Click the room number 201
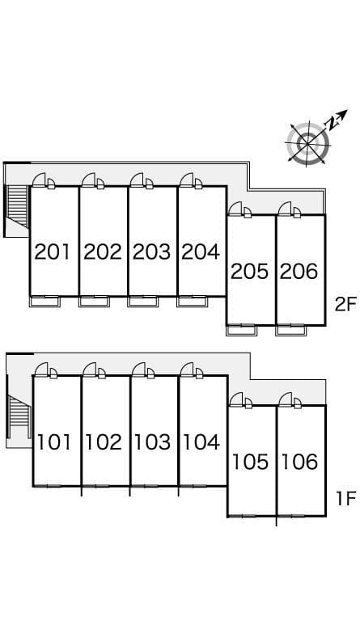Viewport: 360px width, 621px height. click(x=52, y=252)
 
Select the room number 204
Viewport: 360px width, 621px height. click(x=201, y=252)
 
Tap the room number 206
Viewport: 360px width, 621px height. click(x=299, y=272)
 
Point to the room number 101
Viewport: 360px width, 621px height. click(x=54, y=442)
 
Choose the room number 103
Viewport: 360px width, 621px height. click(x=152, y=442)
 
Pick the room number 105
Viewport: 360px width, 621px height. click(x=250, y=462)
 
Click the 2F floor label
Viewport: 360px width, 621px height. click(x=345, y=305)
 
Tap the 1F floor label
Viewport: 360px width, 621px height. click(x=346, y=499)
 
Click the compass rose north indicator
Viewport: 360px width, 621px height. click(x=337, y=118)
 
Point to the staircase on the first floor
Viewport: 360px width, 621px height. click(x=19, y=416)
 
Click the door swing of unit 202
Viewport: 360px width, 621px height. click(x=90, y=180)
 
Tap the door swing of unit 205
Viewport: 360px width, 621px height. click(x=235, y=209)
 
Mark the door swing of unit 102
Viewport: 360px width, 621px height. click(x=91, y=370)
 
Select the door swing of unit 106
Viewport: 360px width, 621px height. click(x=286, y=399)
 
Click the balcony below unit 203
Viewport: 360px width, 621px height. click(x=143, y=302)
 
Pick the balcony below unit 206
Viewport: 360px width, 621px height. click(x=290, y=330)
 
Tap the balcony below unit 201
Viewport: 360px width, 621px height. click(x=44, y=302)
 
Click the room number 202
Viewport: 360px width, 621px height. click(x=103, y=252)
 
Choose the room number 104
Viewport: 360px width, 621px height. click(x=201, y=442)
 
